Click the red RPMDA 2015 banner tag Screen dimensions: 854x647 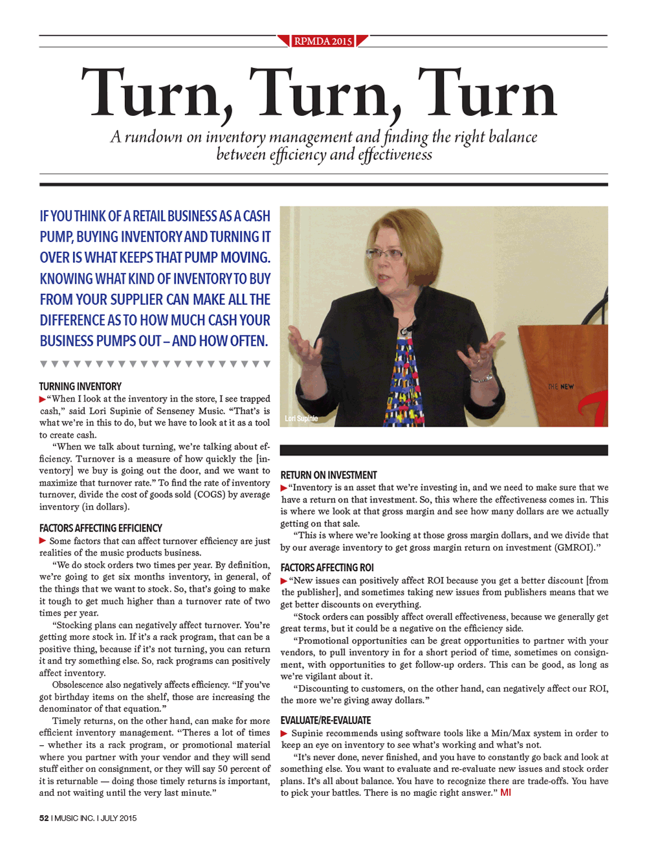pyautogui.click(x=323, y=41)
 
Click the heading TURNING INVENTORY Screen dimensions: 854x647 pyautogui.click(x=80, y=387)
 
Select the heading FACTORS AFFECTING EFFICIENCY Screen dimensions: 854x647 pyautogui.click(x=100, y=528)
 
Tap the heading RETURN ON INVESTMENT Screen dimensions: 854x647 pyautogui.click(x=329, y=475)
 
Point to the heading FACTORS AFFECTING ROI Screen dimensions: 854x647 pyautogui.click(x=327, y=568)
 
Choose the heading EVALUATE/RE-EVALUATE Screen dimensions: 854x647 pyautogui.click(x=325, y=721)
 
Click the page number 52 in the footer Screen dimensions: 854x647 pyautogui.click(x=44, y=818)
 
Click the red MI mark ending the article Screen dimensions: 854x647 pyautogui.click(x=505, y=792)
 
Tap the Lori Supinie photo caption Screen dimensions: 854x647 pyautogui.click(x=302, y=419)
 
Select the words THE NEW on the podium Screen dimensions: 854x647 pyautogui.click(x=561, y=387)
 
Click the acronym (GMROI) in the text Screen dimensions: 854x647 pyautogui.click(x=575, y=548)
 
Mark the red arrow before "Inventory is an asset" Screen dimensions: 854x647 pyautogui.click(x=284, y=488)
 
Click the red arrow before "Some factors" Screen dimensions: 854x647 pyautogui.click(x=43, y=541)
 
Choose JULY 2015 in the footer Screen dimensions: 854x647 pyautogui.click(x=118, y=818)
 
